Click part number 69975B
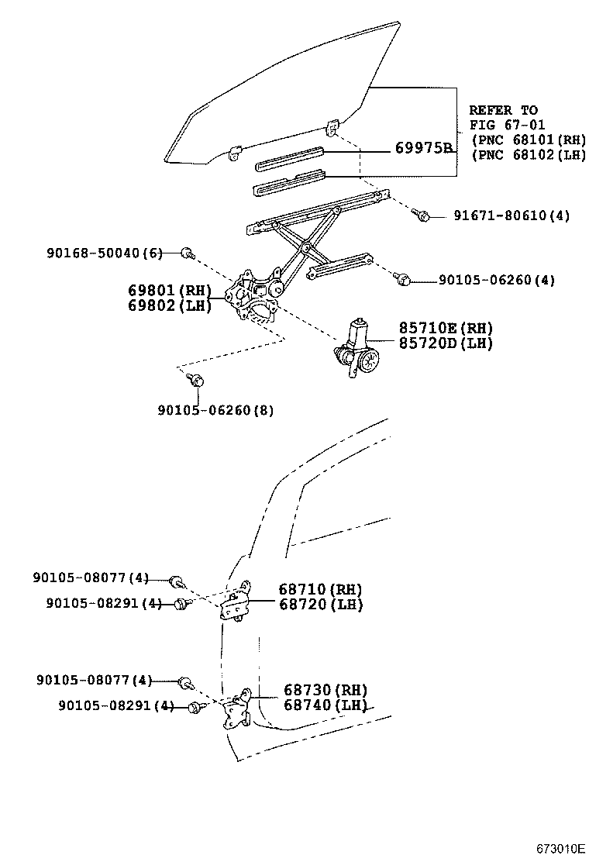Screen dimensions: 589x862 tap(424, 148)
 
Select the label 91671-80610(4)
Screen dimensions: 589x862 tap(511, 215)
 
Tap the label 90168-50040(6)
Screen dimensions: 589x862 tap(105, 253)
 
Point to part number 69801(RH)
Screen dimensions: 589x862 tap(170, 290)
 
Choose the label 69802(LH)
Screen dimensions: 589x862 tap(170, 305)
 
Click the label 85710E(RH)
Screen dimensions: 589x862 tap(446, 328)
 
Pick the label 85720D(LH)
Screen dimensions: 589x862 tap(446, 343)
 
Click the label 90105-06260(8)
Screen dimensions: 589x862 tap(215, 410)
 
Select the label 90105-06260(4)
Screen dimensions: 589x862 tap(497, 281)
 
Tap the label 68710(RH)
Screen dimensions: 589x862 tap(320, 589)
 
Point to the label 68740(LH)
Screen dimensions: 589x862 tap(325, 705)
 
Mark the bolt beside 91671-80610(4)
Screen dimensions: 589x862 tap(422, 215)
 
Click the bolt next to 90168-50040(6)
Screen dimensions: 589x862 tap(188, 253)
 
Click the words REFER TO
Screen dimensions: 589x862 tap(503, 110)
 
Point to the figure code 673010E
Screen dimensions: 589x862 tap(561, 848)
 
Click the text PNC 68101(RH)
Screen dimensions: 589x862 tap(529, 140)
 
